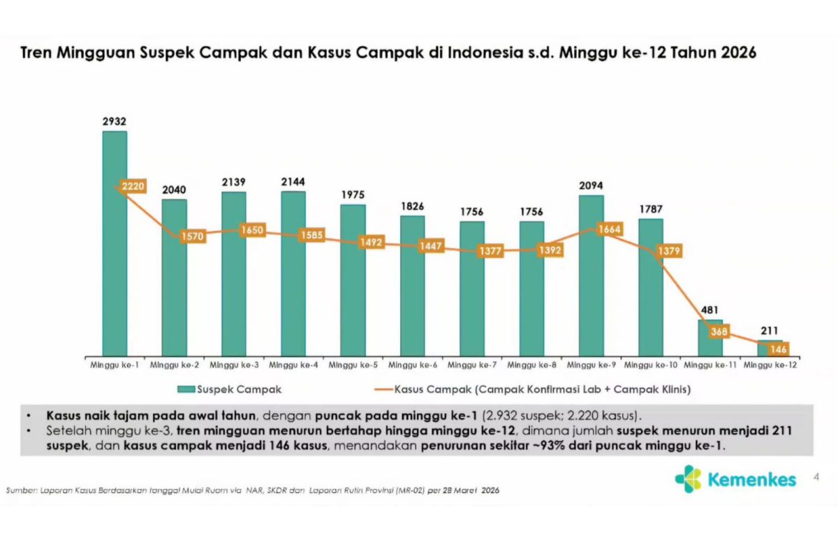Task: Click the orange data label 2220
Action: tap(132, 186)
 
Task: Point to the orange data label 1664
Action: tap(608, 229)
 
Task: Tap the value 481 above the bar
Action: tap(710, 310)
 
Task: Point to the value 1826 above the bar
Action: tap(412, 206)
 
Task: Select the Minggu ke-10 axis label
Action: tap(650, 365)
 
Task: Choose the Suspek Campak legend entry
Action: tap(230, 389)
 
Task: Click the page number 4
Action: tap(816, 477)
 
